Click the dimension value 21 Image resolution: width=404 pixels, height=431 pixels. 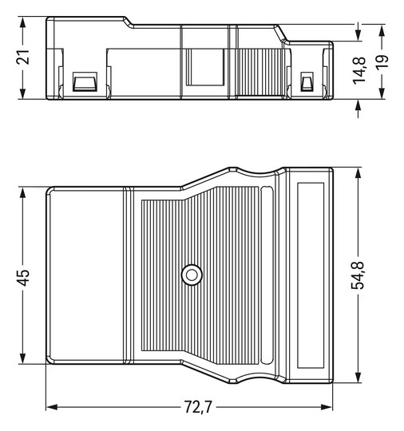click(23, 58)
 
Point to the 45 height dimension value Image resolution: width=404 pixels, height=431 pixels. click(23, 276)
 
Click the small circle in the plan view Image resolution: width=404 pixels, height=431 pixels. click(192, 275)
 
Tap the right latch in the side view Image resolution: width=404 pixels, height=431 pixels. click(306, 82)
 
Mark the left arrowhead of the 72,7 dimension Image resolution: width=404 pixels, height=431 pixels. click(51, 407)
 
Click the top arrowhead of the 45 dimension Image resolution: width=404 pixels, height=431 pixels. click(23, 193)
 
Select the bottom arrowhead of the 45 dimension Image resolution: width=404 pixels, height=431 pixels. click(23, 358)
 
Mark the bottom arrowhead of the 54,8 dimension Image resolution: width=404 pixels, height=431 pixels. click(359, 378)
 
